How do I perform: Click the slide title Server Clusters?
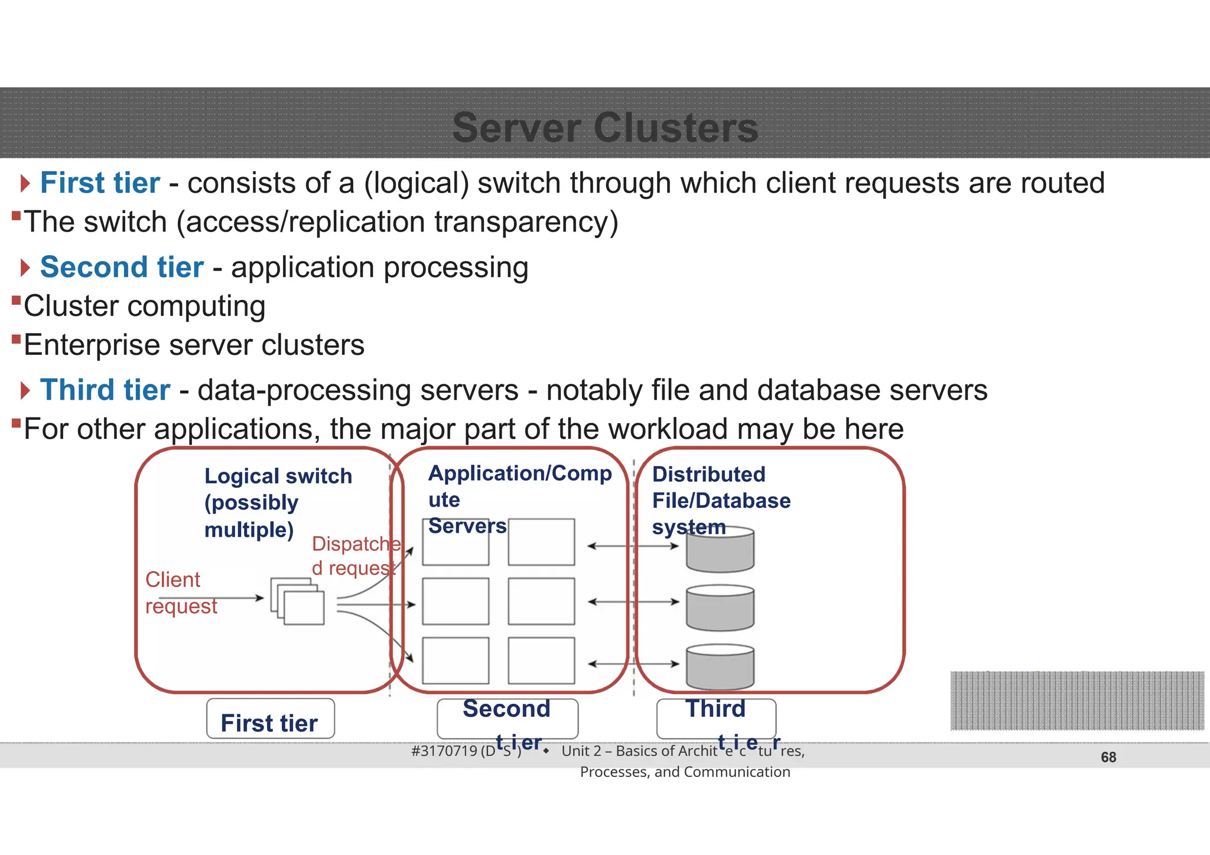[605, 128]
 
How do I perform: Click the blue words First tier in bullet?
[100, 183]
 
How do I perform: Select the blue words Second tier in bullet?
[122, 267]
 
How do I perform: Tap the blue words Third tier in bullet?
[105, 390]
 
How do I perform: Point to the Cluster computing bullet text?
[144, 306]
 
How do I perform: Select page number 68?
[1108, 757]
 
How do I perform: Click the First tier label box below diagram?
[270, 719]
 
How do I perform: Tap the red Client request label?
[180, 593]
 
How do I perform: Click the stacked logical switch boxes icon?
[298, 601]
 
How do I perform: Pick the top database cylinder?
[720, 550]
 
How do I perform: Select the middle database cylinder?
[720, 608]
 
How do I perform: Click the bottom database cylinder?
[720, 667]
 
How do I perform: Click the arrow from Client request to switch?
[213, 598]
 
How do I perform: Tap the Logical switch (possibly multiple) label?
[278, 502]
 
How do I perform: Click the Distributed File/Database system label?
[721, 500]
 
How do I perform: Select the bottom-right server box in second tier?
[541, 660]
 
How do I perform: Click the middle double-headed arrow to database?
[633, 602]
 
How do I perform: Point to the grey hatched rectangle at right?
[1076, 700]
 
